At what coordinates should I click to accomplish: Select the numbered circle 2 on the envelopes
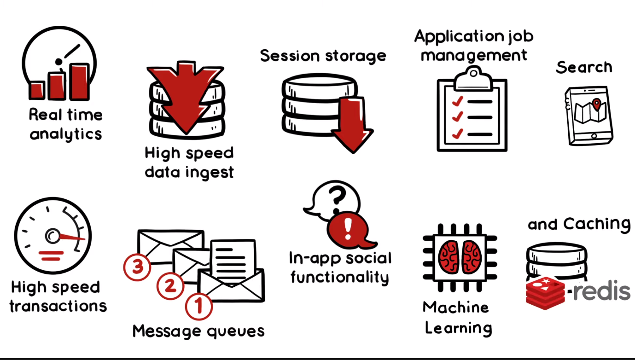point(170,286)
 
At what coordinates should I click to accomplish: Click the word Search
point(584,68)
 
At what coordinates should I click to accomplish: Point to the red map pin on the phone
point(596,104)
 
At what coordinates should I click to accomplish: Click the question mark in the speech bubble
point(338,196)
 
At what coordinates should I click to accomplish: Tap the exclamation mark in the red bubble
point(348,226)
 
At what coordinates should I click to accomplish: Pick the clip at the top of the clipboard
point(472,77)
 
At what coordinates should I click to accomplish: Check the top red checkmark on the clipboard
point(457,100)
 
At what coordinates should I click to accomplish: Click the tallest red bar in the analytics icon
point(79,81)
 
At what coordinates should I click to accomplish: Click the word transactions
point(58,306)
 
